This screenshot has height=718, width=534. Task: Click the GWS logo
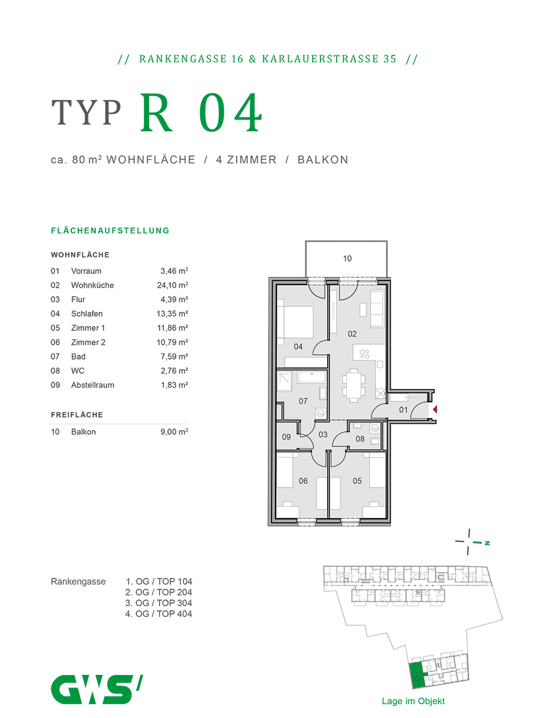[96, 689]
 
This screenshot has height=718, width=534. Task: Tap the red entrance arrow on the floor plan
[435, 410]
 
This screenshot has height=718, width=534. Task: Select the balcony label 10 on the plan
[347, 259]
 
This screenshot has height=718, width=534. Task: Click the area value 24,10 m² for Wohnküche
[172, 285]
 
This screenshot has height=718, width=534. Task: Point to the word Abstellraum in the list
[92, 385]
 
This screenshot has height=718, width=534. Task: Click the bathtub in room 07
[310, 378]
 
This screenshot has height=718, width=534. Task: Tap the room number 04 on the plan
[298, 347]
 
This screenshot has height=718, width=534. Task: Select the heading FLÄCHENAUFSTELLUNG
[111, 230]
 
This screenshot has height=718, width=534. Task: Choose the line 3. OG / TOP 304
[158, 603]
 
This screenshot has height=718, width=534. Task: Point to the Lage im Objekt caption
[413, 701]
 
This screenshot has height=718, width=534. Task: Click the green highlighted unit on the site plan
[417, 674]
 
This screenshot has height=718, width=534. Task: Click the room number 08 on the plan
[360, 439]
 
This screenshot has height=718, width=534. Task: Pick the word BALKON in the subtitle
[323, 160]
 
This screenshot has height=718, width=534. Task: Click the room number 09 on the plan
[286, 437]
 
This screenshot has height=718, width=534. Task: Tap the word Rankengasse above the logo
[78, 582]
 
